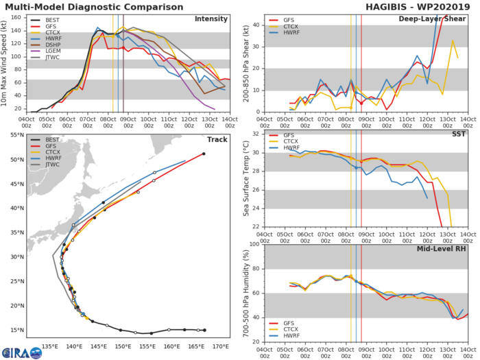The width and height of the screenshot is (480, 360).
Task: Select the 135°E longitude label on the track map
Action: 50,347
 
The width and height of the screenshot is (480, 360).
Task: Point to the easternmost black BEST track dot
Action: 204,330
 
